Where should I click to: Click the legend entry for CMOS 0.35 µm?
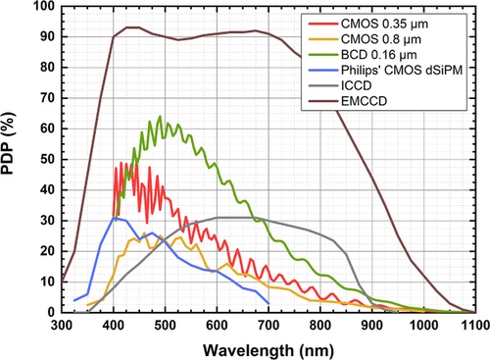coord(384,25)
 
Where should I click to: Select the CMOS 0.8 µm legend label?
coord(381,39)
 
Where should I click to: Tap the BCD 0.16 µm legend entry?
coord(379,55)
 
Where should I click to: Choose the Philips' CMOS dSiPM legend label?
coord(402,71)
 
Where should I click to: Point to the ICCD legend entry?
coord(357,85)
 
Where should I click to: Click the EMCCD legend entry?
coord(364,101)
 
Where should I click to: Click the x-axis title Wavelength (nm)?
coord(269,351)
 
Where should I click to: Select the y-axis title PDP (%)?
coord(8,143)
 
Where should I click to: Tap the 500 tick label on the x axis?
coord(165,326)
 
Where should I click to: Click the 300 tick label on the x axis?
coord(62,326)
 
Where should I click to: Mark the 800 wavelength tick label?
coord(320,326)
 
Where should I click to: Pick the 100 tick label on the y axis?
coord(44,6)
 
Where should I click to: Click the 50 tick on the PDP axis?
coord(48,160)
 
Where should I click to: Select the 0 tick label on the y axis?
coord(51,313)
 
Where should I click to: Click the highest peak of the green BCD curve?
coord(160,116)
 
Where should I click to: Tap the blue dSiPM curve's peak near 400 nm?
coord(114,218)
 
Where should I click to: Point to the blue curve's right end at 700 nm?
coord(269,304)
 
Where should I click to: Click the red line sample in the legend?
coord(323,25)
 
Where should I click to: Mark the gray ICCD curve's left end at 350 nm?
coord(88,312)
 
